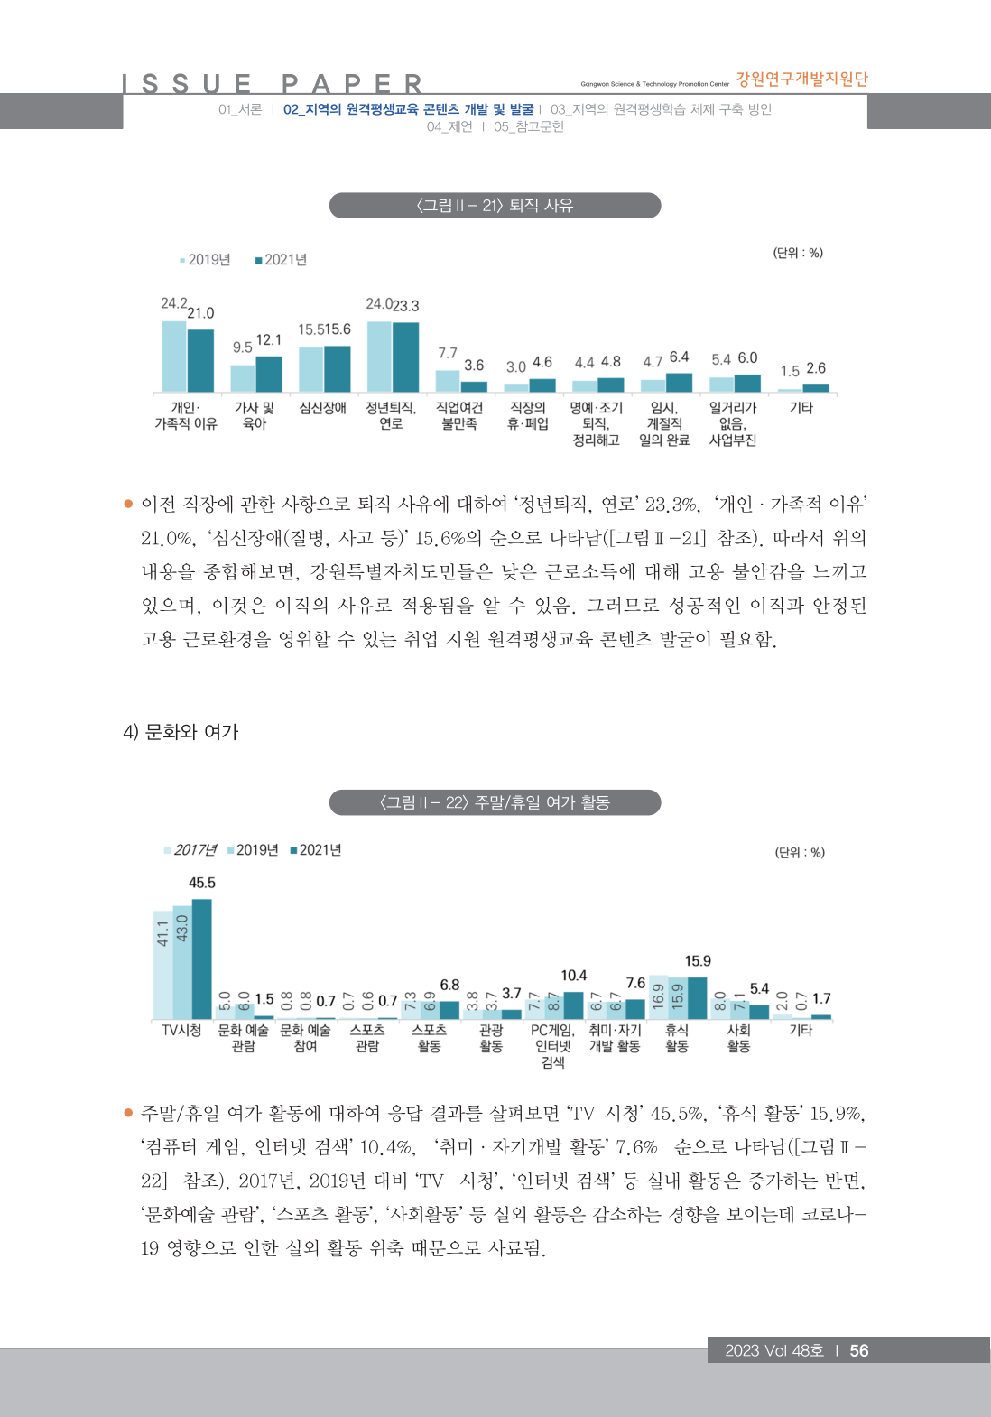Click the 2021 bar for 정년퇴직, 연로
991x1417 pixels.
pos(405,357)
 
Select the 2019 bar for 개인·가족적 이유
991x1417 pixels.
pos(174,357)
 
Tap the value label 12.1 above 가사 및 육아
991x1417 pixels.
pos(269,340)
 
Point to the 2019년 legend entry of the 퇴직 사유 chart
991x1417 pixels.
pos(206,260)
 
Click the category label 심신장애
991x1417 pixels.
pos(323,408)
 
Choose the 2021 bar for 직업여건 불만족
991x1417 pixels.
pos(474,386)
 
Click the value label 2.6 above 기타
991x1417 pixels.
pos(816,368)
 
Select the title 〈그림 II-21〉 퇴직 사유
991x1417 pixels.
pos(495,206)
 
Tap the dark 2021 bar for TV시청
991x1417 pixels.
pos(202,959)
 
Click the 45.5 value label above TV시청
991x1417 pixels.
pos(202,883)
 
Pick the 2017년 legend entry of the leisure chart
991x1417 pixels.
pos(190,850)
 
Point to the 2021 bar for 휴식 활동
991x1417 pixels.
pos(698,998)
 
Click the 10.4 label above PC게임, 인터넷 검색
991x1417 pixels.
pos(574,976)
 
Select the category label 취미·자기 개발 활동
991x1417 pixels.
pos(615,1038)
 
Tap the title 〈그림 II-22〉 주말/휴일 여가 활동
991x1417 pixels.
pos(495,802)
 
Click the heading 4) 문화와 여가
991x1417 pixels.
pos(181,732)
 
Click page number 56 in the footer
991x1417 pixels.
pos(859,1350)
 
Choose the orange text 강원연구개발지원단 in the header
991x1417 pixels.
pos(801,79)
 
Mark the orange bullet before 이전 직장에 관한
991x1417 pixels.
pos(128,504)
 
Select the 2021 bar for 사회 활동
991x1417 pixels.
pos(759,1012)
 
